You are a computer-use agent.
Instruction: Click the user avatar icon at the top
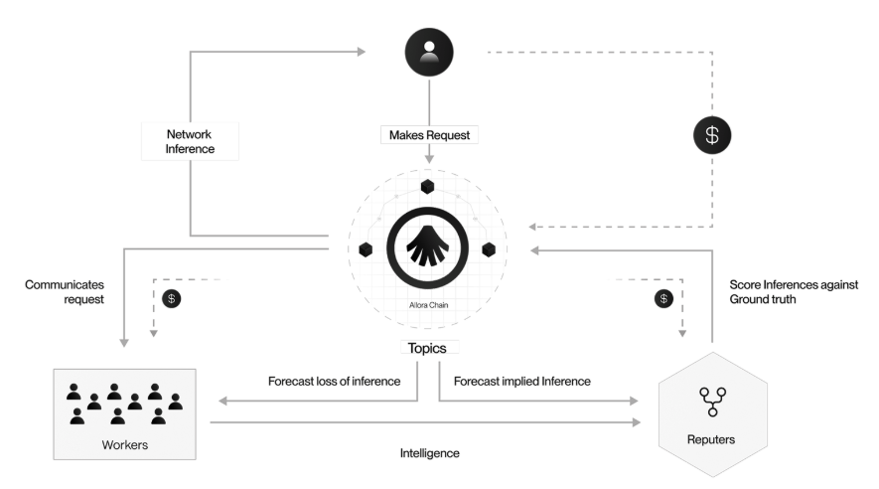point(429,50)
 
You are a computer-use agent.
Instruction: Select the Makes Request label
point(429,133)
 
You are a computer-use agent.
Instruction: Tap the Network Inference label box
point(189,141)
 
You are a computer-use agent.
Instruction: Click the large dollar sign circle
point(710,136)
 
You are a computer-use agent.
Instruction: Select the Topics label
point(428,350)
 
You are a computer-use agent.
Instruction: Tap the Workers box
point(125,413)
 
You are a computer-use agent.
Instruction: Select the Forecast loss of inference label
point(334,381)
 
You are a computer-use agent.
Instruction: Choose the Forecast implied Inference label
point(521,381)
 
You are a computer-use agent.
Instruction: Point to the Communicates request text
point(64,290)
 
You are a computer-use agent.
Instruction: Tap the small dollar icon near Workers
point(172,297)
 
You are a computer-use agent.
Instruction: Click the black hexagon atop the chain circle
point(427,187)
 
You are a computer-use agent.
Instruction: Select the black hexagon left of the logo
point(366,248)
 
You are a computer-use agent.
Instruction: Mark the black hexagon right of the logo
point(489,248)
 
